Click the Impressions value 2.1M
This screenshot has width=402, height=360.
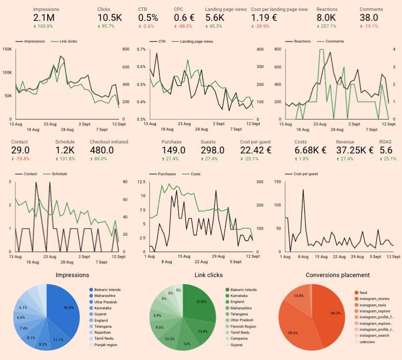click(x=44, y=18)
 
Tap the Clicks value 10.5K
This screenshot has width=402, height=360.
click(x=109, y=18)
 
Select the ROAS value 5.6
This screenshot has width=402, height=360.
click(x=386, y=150)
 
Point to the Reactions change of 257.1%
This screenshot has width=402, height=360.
click(x=328, y=26)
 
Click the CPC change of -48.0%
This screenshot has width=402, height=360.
click(x=185, y=26)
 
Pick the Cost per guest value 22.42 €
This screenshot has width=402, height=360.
click(x=256, y=150)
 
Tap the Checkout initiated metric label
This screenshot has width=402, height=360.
click(x=110, y=142)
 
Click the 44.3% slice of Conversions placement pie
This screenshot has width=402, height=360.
click(x=328, y=313)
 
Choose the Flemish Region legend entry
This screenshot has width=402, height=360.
click(x=243, y=326)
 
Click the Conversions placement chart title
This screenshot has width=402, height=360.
click(x=337, y=275)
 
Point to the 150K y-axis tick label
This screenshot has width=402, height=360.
click(x=7, y=49)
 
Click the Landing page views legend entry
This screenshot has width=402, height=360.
click(x=197, y=42)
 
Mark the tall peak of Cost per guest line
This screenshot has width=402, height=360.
click(x=303, y=190)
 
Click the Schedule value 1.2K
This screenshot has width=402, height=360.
click(x=65, y=150)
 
